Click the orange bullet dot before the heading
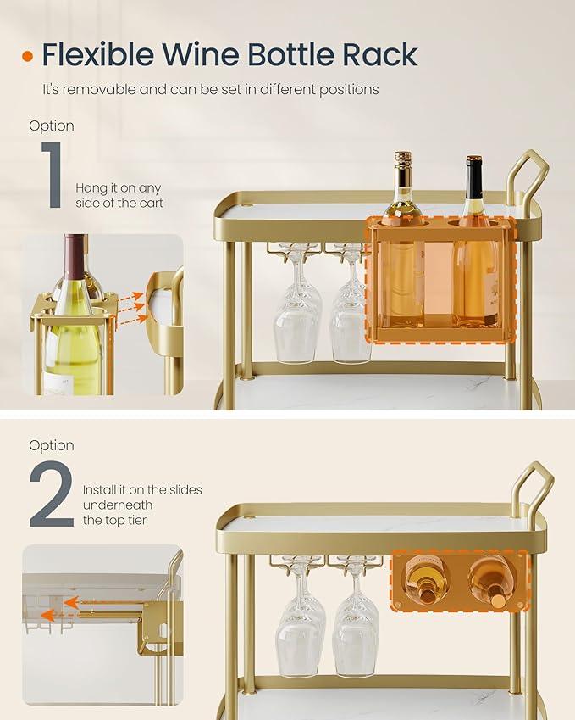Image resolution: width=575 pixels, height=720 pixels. click(28, 57)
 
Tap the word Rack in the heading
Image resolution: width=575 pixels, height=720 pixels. click(380, 55)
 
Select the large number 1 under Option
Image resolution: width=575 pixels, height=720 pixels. click(53, 176)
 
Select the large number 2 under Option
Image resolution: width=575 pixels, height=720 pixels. click(52, 494)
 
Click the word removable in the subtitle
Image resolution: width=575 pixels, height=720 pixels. click(100, 89)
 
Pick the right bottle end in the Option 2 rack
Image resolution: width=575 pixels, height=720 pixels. click(490, 581)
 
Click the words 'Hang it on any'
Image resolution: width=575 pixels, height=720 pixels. click(118, 187)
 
